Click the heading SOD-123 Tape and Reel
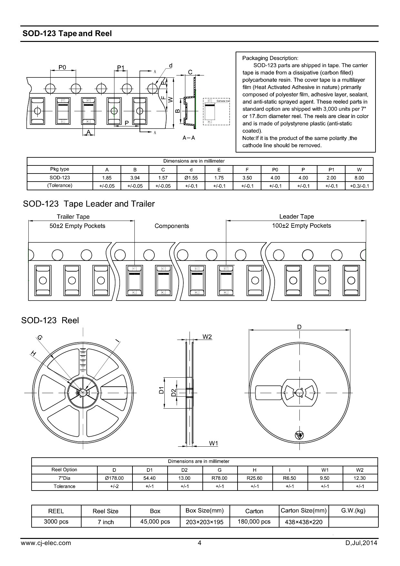[x=67, y=34]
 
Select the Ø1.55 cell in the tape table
[x=191, y=178]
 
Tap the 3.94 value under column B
[x=135, y=178]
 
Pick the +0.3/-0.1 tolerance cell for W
[x=359, y=186]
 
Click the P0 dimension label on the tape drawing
[x=62, y=67]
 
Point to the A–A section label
[x=189, y=138]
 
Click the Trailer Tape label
[x=73, y=217]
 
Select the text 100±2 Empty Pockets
[x=301, y=226]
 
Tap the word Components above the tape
[x=171, y=226]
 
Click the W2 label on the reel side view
[x=207, y=337]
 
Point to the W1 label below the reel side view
[x=213, y=443]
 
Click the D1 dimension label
[x=161, y=390]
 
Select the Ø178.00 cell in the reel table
[x=114, y=478]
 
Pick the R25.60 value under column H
[x=255, y=478]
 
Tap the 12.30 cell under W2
[x=360, y=478]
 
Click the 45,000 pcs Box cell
[x=155, y=522]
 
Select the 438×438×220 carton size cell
[x=304, y=522]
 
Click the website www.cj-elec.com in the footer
[x=46, y=543]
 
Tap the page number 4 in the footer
[x=200, y=543]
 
